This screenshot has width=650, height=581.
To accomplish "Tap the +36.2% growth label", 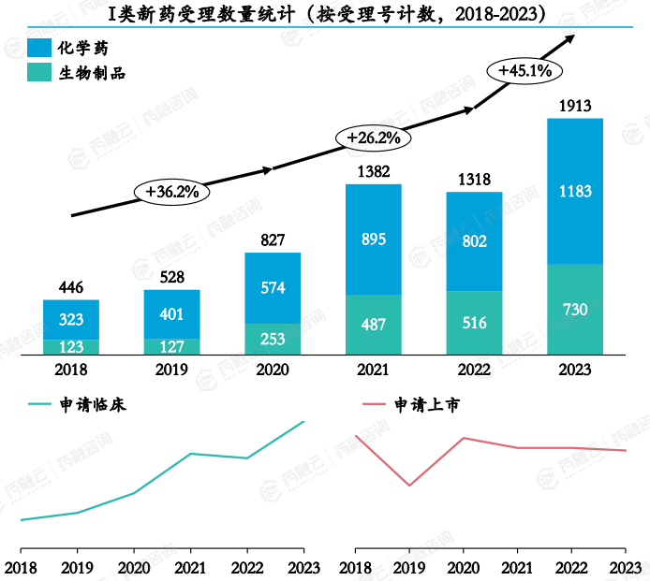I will click(172, 192).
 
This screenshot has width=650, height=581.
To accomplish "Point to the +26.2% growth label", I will click(373, 138).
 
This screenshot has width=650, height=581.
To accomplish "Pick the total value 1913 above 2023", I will click(574, 106).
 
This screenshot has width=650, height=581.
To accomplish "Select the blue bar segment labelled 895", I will click(373, 240).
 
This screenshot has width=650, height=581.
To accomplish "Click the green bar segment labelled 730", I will click(574, 310).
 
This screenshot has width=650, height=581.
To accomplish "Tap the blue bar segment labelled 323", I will click(71, 319).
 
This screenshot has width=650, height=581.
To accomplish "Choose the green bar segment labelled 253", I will click(273, 339).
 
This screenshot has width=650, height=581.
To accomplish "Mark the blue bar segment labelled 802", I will click(474, 241).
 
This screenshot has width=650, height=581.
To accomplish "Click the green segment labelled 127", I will click(171, 346).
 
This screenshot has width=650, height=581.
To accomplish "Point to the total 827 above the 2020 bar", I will click(273, 240).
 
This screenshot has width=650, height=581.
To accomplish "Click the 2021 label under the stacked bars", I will click(373, 370).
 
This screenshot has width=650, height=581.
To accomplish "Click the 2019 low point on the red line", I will click(409, 486).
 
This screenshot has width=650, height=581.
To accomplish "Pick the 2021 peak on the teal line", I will click(190, 454).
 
